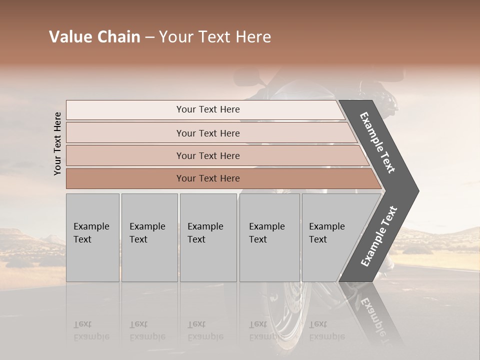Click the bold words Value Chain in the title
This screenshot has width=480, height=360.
tap(94, 37)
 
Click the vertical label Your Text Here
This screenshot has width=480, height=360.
tap(57, 143)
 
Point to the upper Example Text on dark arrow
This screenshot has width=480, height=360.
tap(377, 142)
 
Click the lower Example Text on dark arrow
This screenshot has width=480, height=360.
tap(379, 236)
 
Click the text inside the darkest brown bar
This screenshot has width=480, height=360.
tap(208, 178)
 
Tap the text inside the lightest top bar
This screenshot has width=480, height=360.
tap(208, 109)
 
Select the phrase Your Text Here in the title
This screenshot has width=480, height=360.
tap(215, 37)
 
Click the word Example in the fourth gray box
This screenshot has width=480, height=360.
tap(267, 226)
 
